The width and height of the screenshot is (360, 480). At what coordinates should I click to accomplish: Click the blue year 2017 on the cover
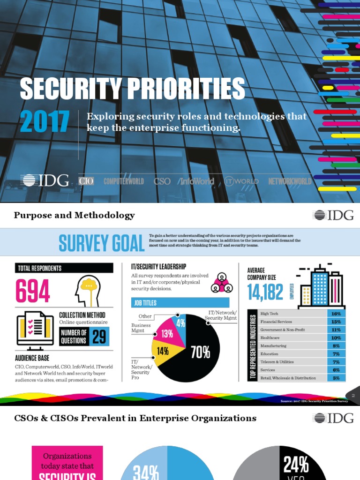(45, 122)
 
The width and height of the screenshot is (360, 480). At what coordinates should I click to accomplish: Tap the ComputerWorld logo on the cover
(124, 181)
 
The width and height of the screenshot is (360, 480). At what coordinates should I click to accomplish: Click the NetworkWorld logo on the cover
(290, 181)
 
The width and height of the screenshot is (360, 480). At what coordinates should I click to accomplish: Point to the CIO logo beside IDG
(86, 180)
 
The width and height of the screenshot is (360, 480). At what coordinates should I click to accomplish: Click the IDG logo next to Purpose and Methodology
(333, 216)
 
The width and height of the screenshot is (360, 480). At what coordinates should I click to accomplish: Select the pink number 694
(33, 291)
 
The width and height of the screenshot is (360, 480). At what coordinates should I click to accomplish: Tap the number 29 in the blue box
(98, 337)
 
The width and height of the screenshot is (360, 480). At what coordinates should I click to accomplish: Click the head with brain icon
(88, 291)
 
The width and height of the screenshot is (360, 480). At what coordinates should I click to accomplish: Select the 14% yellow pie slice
(163, 350)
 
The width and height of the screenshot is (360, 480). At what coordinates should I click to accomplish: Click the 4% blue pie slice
(181, 323)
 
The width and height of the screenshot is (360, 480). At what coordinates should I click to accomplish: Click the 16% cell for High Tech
(336, 314)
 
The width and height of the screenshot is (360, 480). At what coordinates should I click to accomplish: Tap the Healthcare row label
(270, 337)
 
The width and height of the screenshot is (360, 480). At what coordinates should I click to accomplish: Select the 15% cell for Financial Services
(336, 322)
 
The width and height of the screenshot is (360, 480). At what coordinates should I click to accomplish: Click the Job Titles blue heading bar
(180, 303)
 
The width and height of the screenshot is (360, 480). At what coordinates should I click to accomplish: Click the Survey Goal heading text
(101, 243)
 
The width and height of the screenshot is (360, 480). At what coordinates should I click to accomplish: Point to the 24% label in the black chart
(296, 465)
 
